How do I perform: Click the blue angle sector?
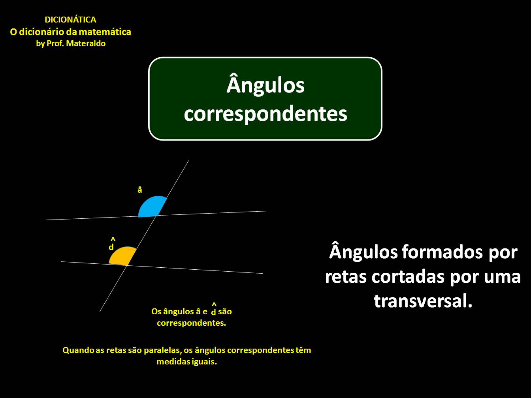(151, 207)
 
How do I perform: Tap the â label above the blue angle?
(139, 190)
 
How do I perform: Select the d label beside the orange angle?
(111, 247)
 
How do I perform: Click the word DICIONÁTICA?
(70, 20)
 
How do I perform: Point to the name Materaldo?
(86, 43)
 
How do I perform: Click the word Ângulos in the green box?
(265, 85)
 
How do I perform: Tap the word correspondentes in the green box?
(265, 114)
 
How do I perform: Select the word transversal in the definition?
(423, 301)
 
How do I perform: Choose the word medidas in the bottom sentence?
(171, 362)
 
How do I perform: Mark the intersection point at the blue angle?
(157, 216)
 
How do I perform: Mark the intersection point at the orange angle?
(127, 265)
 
